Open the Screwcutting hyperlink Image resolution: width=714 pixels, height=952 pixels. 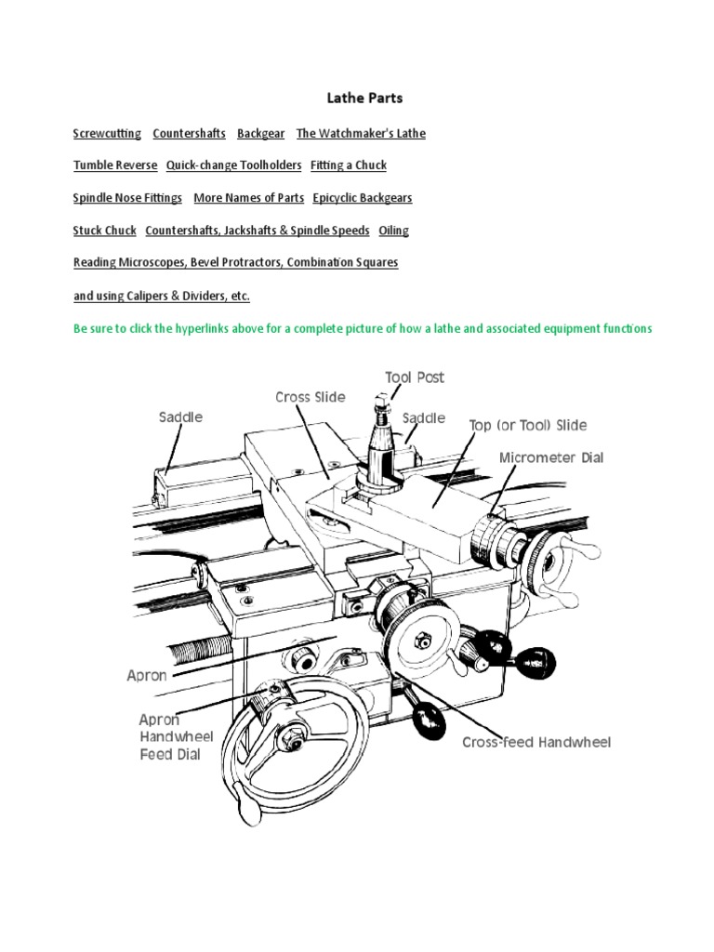point(107,133)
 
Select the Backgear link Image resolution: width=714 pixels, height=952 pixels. point(260,133)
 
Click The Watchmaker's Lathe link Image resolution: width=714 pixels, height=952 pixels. point(361,133)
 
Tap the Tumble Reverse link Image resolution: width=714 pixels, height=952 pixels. point(114,165)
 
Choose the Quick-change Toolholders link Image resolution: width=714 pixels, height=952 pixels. point(233,165)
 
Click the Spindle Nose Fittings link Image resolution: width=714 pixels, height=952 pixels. point(128,198)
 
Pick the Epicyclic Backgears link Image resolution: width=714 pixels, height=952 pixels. point(363,198)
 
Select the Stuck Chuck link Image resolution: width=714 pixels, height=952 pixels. point(104,231)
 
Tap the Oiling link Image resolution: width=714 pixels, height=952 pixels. point(393,231)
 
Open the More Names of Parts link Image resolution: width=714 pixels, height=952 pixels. point(248,198)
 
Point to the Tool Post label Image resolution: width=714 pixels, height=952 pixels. point(415,377)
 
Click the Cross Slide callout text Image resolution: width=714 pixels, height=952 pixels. point(310,397)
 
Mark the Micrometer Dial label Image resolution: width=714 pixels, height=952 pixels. point(551,457)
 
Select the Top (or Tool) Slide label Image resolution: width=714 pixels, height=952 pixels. point(527,425)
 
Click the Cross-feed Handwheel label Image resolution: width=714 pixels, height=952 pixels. point(536,742)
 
